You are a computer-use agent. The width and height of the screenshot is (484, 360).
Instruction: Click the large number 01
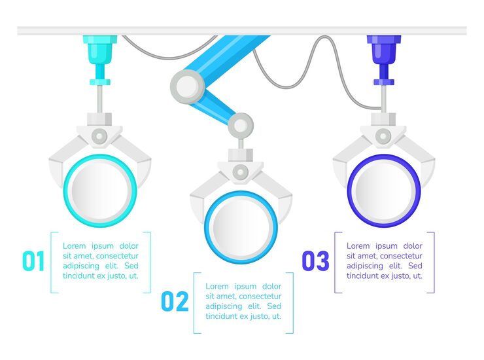tap(33, 261)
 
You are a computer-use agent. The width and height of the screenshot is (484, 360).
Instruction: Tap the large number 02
tap(175, 301)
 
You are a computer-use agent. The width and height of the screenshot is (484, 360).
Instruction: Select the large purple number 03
tap(315, 261)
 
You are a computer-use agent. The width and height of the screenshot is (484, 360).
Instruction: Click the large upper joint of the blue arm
tap(187, 86)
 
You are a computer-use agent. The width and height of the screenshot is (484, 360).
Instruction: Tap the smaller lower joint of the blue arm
tap(241, 126)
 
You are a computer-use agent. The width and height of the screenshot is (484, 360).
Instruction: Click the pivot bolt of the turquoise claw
tap(99, 136)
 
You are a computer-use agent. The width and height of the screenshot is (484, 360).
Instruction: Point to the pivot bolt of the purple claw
tap(383, 136)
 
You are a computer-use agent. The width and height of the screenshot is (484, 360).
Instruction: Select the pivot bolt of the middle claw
tap(241, 172)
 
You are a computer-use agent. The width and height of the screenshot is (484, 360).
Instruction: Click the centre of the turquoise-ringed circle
tap(100, 190)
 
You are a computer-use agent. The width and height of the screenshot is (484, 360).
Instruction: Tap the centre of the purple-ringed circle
tap(384, 190)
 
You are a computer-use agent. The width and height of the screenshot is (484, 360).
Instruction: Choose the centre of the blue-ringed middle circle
tap(241, 227)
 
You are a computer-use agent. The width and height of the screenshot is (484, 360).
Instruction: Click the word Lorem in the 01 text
tap(74, 246)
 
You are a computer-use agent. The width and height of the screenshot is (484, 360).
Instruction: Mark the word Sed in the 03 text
tap(415, 266)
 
